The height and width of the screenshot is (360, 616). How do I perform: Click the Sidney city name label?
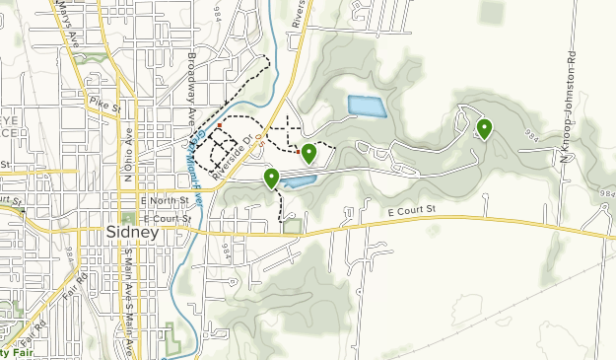click(131, 233)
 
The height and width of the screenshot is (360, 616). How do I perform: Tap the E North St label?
click(157, 200)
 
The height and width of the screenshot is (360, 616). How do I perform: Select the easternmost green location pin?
click(484, 128)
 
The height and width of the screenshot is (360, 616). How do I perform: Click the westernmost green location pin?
click(271, 178)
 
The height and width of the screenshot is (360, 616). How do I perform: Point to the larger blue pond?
click(366, 106)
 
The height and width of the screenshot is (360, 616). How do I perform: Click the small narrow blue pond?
click(300, 181)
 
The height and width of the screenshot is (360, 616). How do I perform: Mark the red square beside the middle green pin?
click(298, 152)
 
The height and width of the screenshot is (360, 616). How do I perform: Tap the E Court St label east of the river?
click(410, 211)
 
